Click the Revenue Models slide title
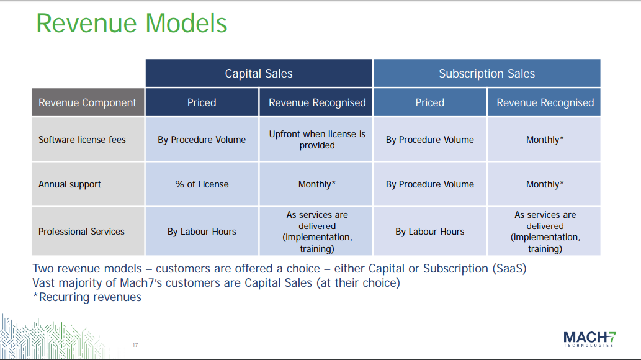coord(132,24)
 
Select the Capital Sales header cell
coord(259,73)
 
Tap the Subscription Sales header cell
coord(487,73)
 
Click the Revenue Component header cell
coord(87,102)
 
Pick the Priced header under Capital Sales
coord(202,102)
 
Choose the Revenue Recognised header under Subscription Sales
coord(544,102)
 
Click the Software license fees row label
coord(82,140)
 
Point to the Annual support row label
coord(69,184)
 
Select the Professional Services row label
coord(81,232)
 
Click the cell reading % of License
coord(202,184)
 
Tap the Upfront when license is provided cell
coord(316,139)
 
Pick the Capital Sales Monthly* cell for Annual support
coord(316,184)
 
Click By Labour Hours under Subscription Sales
coord(430,232)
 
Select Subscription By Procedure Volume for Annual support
coord(430,184)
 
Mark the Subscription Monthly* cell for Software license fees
coord(544,139)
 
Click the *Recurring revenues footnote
coord(87,297)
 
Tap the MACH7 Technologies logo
coord(589,340)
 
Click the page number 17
coord(135,345)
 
